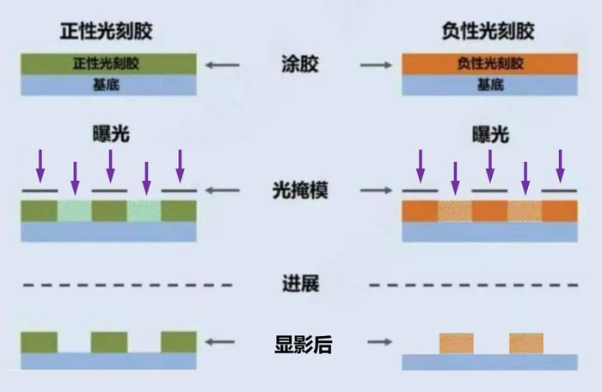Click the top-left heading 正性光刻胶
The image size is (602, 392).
coord(107,31)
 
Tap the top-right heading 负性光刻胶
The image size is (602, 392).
coord(488,31)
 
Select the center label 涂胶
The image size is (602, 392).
coord(300,64)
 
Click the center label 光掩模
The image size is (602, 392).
coord(300,190)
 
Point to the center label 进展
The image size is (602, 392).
coord(301,284)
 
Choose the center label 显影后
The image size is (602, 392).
coord(304,345)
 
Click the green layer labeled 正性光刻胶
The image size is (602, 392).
coord(108,64)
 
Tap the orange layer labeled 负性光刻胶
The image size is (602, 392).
coord(489,64)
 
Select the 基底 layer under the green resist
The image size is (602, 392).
coord(108,85)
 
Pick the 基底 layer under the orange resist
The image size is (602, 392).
coord(489,85)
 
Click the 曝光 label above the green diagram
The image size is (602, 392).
coord(111,134)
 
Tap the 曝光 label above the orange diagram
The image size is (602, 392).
coord(491,134)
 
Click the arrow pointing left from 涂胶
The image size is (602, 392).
coord(222,65)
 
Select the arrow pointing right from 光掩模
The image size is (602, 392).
coord(377,190)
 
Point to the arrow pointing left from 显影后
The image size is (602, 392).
coord(220,342)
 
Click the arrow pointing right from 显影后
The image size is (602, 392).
coord(380,342)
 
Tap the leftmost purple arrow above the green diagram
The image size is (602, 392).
coord(40,166)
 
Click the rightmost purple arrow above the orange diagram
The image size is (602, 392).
coord(561,166)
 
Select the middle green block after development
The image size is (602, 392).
coord(109,342)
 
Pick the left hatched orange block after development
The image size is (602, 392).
coord(457,344)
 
